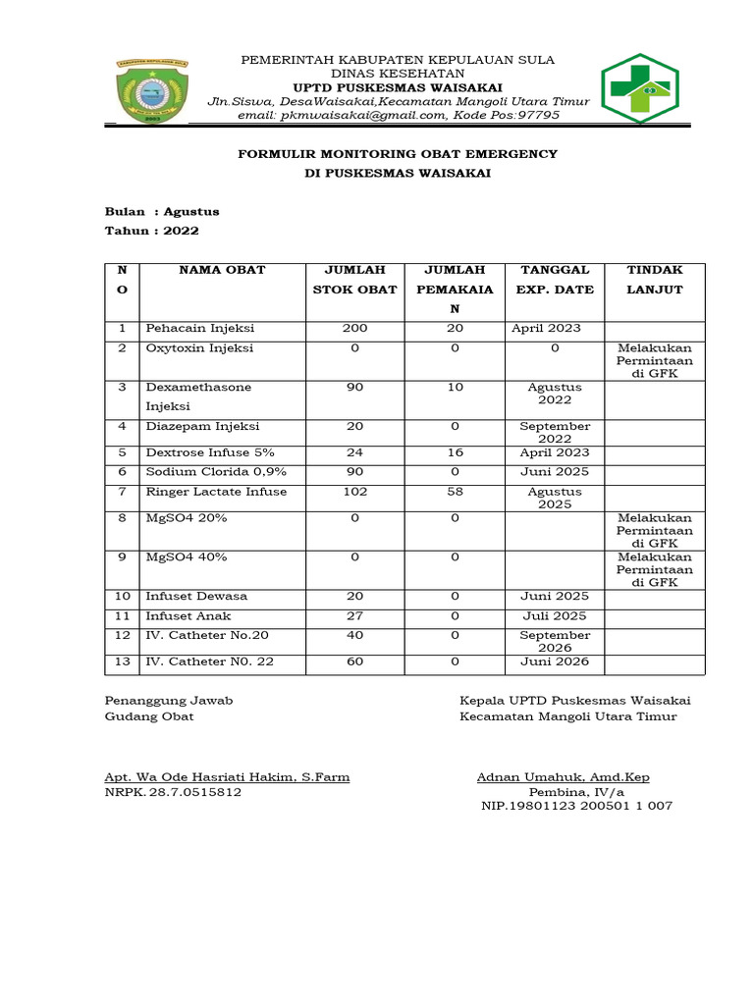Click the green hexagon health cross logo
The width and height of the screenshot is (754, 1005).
[639, 86]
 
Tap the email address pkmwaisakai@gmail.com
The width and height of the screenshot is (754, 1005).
[362, 115]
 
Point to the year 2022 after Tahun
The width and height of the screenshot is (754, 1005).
[182, 231]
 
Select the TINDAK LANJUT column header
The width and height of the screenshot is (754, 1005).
[654, 280]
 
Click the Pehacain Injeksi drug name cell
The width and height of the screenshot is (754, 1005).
[199, 329]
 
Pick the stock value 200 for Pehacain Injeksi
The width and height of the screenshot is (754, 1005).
[354, 329]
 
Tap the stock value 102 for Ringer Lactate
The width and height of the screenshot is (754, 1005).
[354, 492]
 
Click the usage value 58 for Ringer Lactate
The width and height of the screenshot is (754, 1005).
[456, 492]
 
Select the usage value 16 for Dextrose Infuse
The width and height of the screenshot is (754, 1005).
[456, 452]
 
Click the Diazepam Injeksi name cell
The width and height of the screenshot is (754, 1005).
[202, 427]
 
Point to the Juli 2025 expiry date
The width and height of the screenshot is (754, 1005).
[555, 616]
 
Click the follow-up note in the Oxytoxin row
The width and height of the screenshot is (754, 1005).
[654, 361]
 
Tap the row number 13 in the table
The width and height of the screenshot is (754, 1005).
[123, 661]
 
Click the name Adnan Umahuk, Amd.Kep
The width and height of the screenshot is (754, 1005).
[563, 777]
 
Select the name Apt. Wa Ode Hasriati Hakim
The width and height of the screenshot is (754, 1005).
[227, 777]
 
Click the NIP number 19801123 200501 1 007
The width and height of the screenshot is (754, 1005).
[576, 806]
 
